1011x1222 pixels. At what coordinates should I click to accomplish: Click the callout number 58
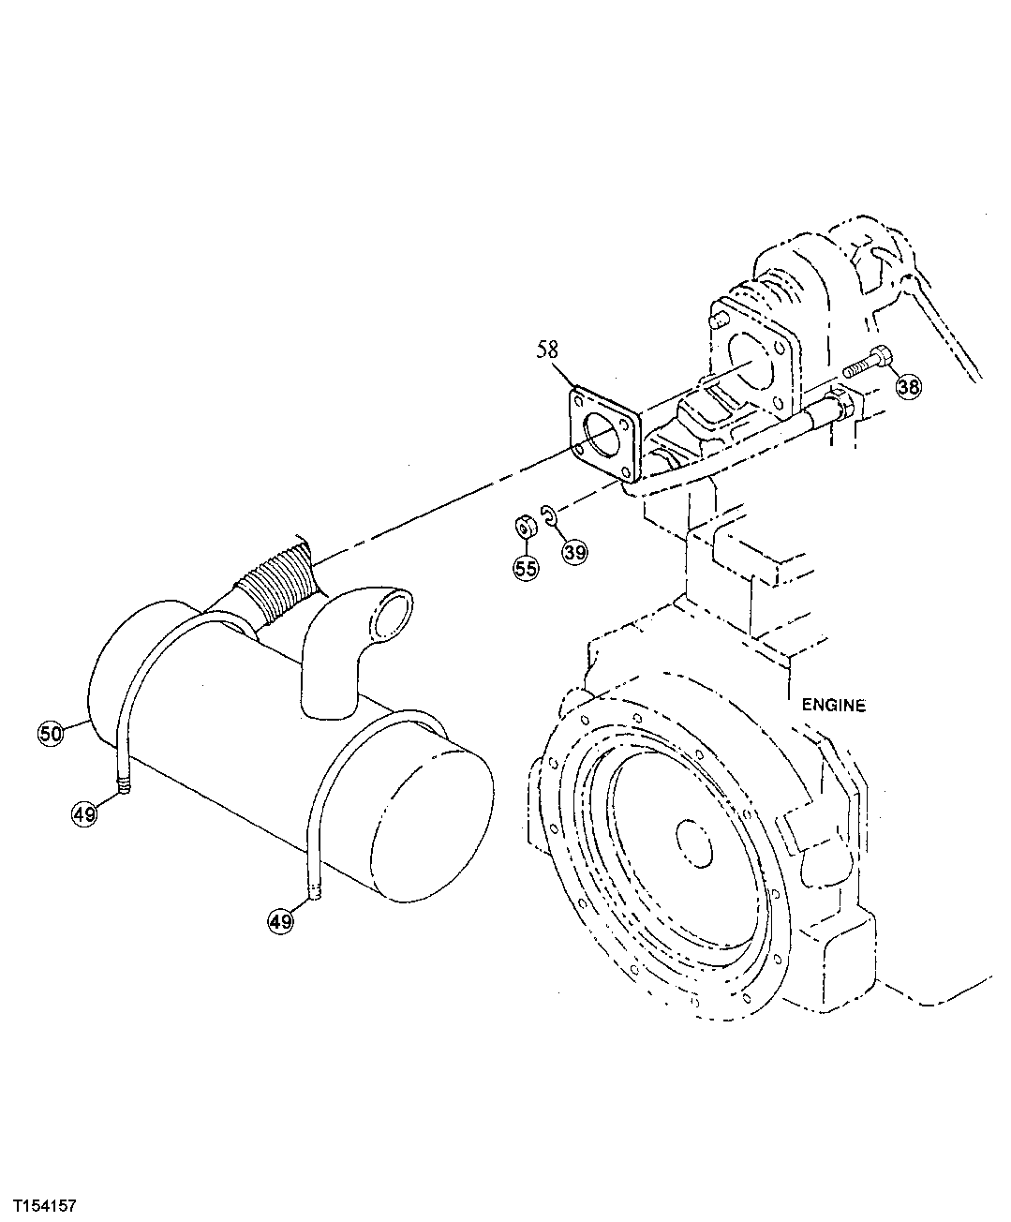[x=547, y=350]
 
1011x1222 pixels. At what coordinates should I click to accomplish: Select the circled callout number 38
[x=907, y=386]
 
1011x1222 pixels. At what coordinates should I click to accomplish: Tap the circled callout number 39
[x=574, y=552]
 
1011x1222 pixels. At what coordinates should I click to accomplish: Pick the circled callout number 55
[x=526, y=567]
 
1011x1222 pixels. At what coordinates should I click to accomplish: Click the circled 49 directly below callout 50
[x=84, y=814]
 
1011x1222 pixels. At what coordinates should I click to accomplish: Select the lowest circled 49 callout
[x=280, y=922]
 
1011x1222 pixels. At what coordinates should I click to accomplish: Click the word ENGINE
[x=834, y=706]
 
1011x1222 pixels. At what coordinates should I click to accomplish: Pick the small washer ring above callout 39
[x=551, y=516]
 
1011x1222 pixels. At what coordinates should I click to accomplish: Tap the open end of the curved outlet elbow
[x=392, y=618]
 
